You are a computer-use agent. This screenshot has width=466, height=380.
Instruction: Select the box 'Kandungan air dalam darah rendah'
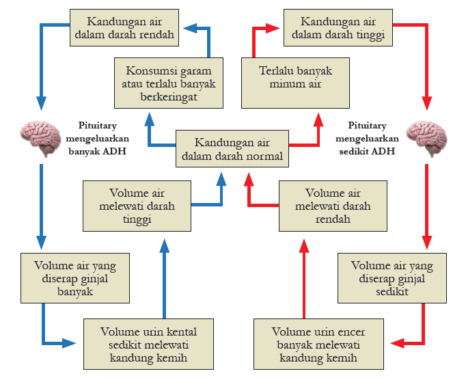pyautogui.click(x=125, y=27)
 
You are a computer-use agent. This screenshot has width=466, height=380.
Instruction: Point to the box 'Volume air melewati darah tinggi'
pyautogui.click(x=137, y=206)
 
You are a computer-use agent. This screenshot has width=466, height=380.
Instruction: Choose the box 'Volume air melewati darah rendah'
pyautogui.click(x=333, y=206)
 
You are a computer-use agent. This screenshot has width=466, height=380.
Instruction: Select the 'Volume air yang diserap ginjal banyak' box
pyautogui.click(x=74, y=278)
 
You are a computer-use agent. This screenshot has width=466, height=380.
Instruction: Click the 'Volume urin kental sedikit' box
pyautogui.click(x=148, y=344)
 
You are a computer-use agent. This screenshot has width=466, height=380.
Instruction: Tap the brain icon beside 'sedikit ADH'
pyautogui.click(x=425, y=136)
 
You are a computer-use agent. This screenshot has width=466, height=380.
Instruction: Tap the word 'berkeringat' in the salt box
pyautogui.click(x=169, y=97)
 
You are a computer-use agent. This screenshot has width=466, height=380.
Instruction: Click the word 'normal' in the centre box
pyautogui.click(x=262, y=157)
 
